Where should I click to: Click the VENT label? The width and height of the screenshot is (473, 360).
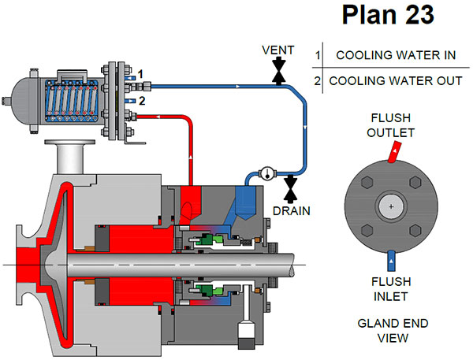coord(278,50)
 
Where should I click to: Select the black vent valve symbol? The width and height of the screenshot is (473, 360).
coord(278,73)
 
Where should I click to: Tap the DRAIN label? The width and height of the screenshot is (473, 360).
coord(291,210)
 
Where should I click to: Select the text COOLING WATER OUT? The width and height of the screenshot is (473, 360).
coord(391,80)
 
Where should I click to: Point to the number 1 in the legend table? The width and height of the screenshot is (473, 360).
coord(317,56)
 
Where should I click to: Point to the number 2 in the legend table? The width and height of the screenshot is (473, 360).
coord(317,80)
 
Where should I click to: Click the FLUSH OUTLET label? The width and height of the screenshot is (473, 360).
coord(390,125)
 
